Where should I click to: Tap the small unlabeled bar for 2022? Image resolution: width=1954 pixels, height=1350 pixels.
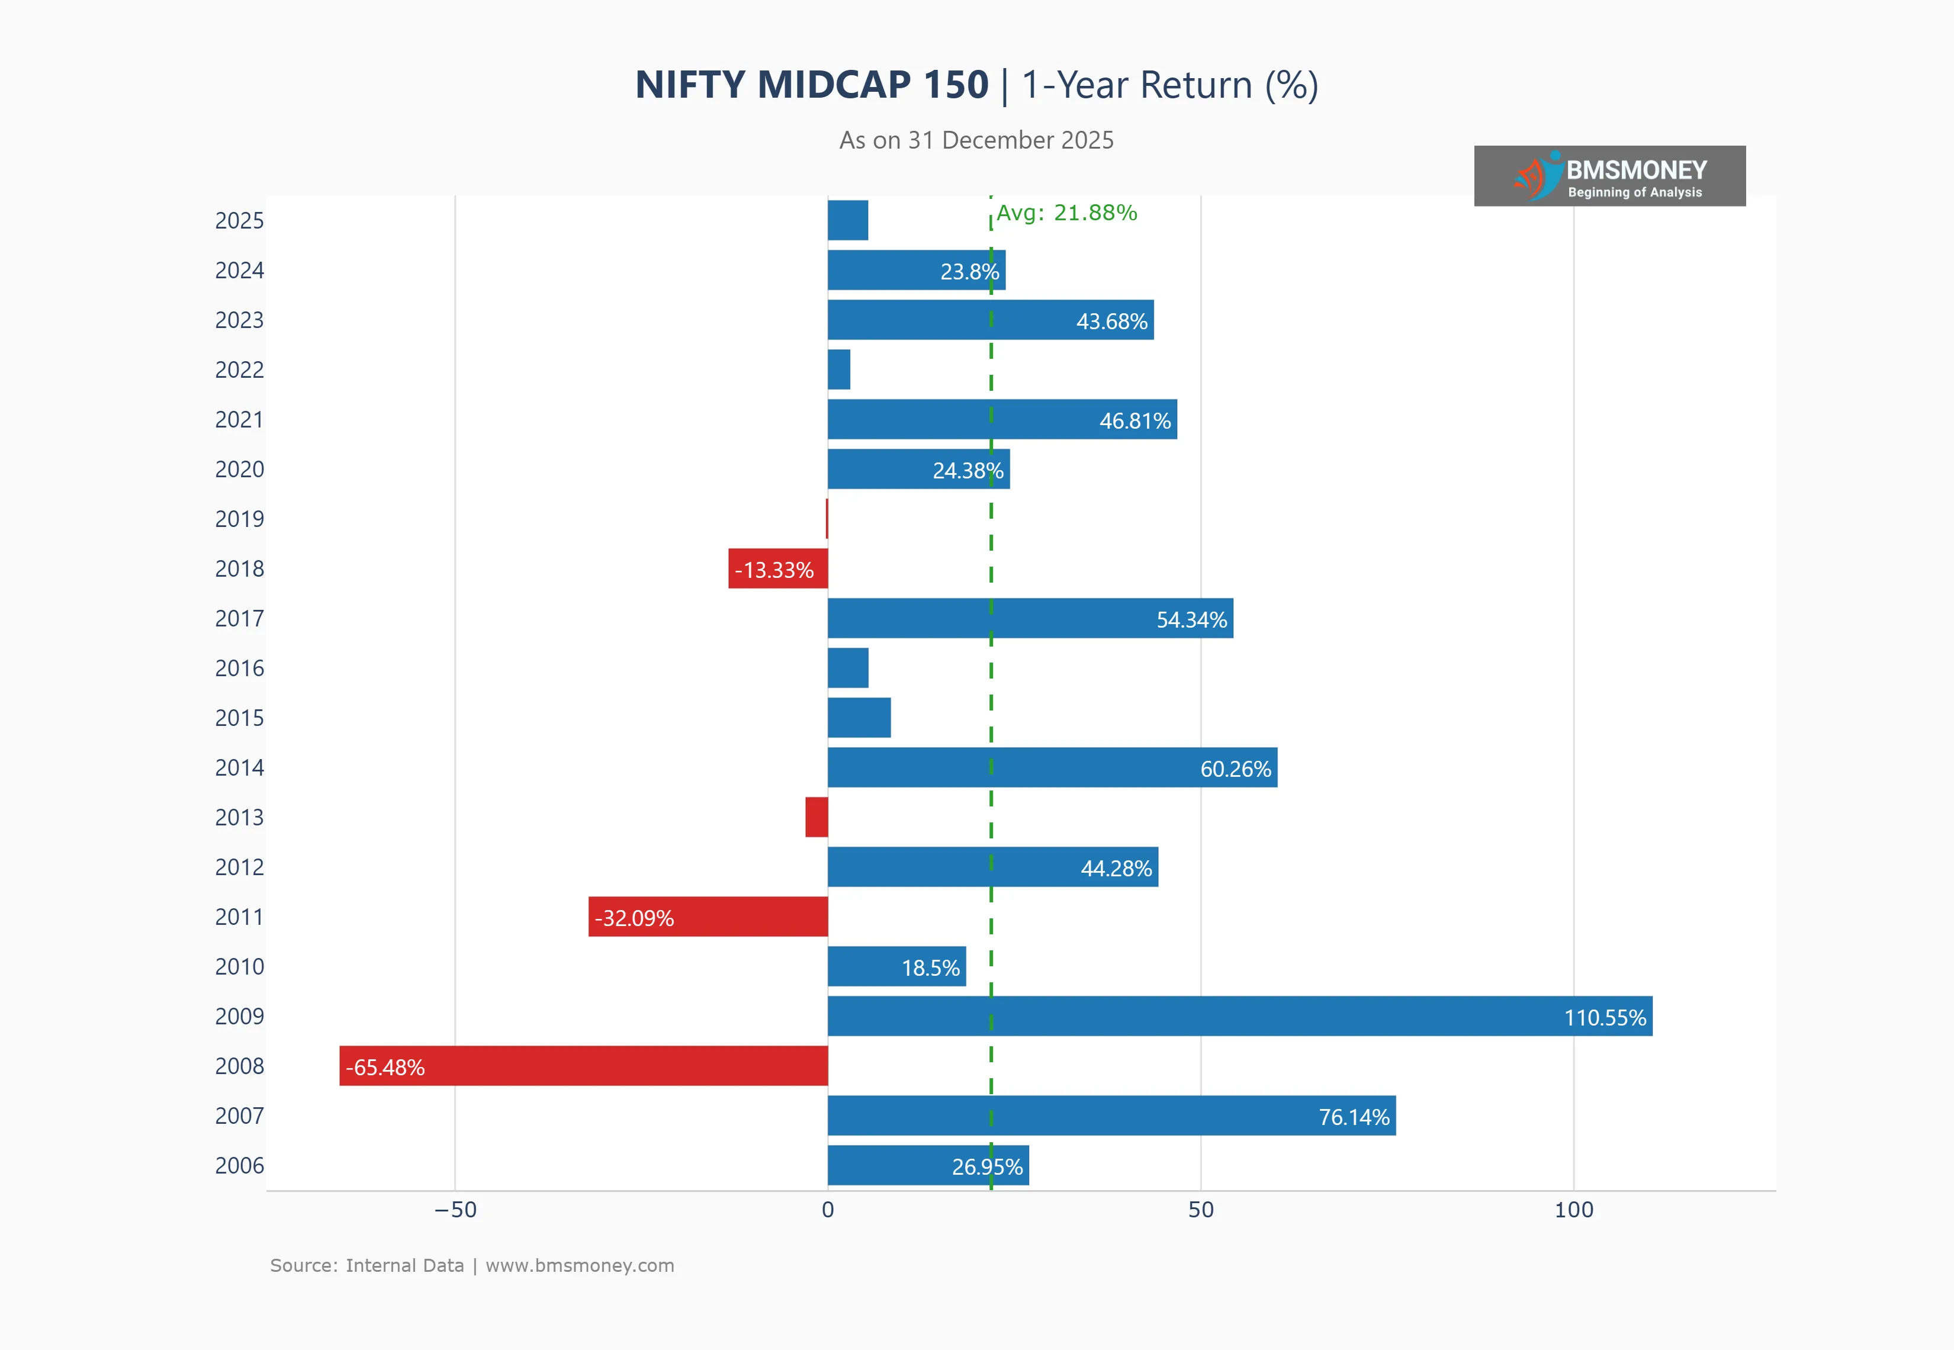pyautogui.click(x=839, y=369)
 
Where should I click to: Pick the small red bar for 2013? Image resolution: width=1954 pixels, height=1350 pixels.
pyautogui.click(x=817, y=817)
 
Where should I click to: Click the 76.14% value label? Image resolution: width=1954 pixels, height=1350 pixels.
pyautogui.click(x=1354, y=1117)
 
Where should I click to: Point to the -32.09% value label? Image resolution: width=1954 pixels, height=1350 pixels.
pyautogui.click(x=634, y=918)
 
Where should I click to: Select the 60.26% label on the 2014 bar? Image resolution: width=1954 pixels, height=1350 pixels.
pyautogui.click(x=1235, y=769)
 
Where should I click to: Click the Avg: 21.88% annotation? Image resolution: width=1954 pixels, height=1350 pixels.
pyautogui.click(x=1066, y=213)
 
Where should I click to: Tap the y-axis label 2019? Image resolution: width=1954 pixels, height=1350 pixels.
pyautogui.click(x=239, y=519)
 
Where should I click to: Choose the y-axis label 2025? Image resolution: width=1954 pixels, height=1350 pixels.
pyautogui.click(x=239, y=221)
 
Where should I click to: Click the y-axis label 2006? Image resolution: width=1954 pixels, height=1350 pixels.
pyautogui.click(x=239, y=1166)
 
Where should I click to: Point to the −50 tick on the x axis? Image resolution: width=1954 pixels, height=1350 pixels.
pyautogui.click(x=455, y=1210)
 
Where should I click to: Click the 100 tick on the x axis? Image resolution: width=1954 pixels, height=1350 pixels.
pyautogui.click(x=1573, y=1210)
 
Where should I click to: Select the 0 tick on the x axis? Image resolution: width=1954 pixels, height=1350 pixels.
pyautogui.click(x=828, y=1210)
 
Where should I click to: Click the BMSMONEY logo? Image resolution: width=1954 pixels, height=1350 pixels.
pyautogui.click(x=1609, y=176)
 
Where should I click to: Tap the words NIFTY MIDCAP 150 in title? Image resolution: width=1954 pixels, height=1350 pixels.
pyautogui.click(x=811, y=85)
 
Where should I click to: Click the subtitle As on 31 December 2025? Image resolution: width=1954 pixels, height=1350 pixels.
pyautogui.click(x=976, y=140)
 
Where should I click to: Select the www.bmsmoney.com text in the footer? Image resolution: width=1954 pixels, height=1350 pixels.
pyautogui.click(x=580, y=1265)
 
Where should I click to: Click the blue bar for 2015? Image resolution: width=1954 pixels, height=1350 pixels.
pyautogui.click(x=859, y=717)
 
